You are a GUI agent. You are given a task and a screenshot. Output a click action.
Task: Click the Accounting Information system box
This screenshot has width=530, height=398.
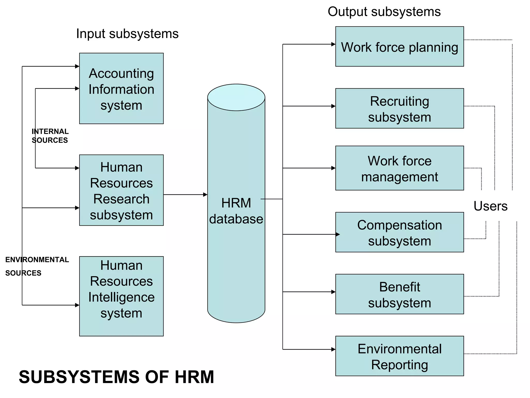point(121,88)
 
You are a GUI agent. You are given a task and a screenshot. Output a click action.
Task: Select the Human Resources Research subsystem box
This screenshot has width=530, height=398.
point(121,190)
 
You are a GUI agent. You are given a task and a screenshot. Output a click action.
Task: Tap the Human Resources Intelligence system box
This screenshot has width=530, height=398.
point(121,296)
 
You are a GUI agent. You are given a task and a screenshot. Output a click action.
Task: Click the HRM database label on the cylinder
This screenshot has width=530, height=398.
point(236,211)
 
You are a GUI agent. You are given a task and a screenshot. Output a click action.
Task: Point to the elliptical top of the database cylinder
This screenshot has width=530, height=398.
point(236,97)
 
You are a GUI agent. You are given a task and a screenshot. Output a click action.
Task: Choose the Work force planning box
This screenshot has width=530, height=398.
point(399,47)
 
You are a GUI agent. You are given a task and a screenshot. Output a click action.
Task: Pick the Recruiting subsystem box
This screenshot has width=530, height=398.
point(399,109)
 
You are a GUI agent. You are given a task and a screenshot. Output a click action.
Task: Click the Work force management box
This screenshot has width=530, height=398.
point(399,168)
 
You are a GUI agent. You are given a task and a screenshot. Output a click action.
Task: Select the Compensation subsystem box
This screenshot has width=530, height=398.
point(399,232)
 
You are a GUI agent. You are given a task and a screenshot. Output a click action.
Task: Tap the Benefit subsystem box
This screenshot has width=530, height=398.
point(399,294)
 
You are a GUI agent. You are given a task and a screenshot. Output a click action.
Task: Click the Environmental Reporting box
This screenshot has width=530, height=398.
point(399,356)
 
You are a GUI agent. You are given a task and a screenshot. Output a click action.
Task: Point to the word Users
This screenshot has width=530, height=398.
point(490,206)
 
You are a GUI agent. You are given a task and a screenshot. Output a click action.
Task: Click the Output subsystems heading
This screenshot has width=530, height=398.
point(384,12)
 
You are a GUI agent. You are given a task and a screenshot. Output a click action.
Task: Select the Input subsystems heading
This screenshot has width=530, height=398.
point(127,34)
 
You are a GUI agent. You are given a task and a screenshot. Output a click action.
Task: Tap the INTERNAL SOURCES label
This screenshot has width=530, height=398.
point(50,136)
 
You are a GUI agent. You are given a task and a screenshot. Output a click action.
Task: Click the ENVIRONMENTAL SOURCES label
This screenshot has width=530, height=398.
point(37,266)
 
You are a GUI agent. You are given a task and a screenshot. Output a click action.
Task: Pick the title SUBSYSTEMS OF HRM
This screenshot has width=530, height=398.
point(116,377)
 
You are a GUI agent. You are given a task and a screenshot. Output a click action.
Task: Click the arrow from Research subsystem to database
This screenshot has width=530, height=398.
point(185,195)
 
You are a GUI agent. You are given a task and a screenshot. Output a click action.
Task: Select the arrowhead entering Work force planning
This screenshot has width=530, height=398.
point(333,44)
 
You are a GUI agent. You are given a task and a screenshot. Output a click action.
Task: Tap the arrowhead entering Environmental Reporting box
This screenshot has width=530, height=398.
point(333,349)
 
